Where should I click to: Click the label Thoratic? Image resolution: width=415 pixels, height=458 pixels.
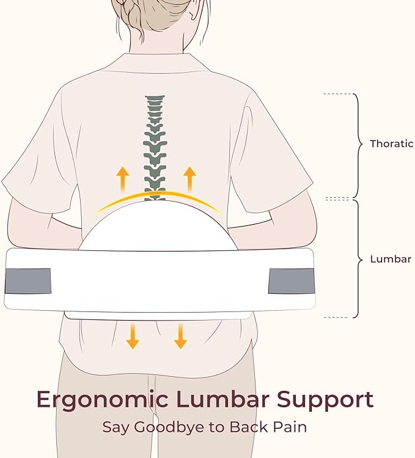(x=391, y=144)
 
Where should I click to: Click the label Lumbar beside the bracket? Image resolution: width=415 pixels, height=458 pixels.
(x=391, y=259)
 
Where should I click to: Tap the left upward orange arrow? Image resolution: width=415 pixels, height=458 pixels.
(x=123, y=179)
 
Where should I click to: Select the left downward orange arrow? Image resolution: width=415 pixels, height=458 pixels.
(x=132, y=336)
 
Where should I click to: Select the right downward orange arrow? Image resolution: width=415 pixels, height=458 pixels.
(x=180, y=336)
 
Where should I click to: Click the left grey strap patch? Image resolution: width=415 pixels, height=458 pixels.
(x=28, y=281)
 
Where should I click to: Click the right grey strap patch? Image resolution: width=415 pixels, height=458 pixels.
(x=291, y=281)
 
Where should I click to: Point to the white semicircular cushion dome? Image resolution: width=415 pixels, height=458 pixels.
(x=158, y=229)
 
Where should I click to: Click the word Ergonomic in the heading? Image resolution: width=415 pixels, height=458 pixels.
(x=100, y=400)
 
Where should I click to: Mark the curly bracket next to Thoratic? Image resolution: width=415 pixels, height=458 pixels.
(x=358, y=145)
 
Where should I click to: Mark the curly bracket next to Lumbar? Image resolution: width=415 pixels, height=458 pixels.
(x=358, y=259)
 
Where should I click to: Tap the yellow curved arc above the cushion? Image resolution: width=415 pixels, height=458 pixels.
(x=157, y=195)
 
